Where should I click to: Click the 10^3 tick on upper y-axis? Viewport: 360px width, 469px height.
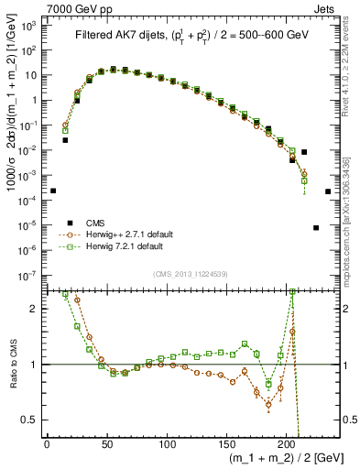pos(28,27)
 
